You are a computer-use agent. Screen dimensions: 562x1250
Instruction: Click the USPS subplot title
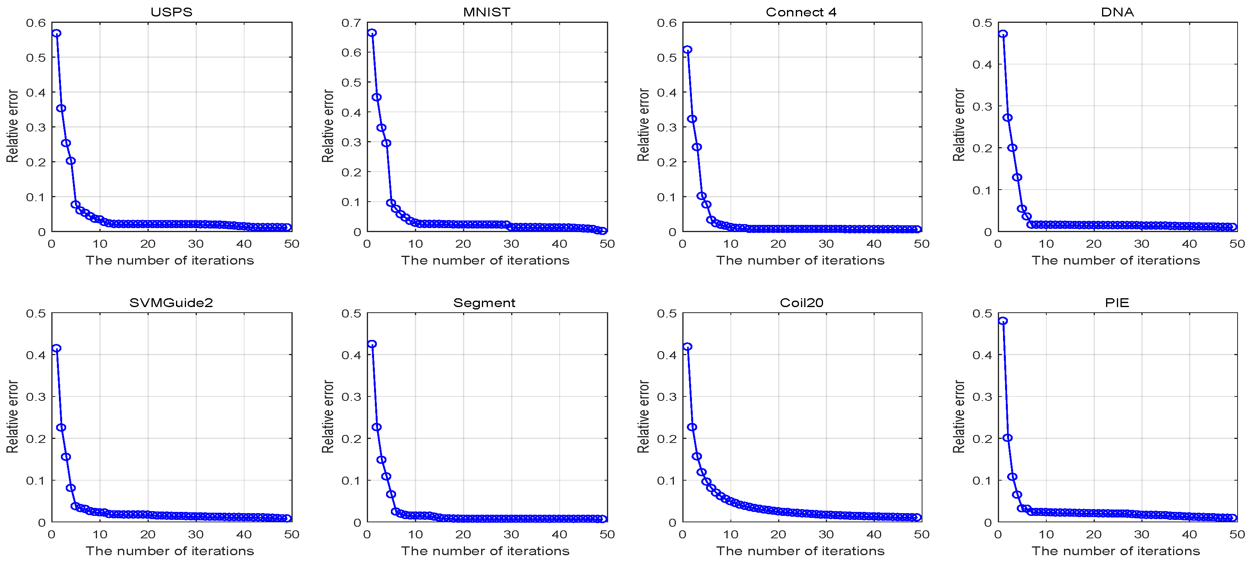[171, 12]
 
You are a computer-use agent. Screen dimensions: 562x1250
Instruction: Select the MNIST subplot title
[487, 12]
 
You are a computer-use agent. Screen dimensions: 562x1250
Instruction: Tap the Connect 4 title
[801, 12]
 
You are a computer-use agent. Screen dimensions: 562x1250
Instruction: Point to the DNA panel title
[1117, 12]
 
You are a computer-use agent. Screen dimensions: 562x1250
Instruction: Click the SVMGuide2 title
[171, 303]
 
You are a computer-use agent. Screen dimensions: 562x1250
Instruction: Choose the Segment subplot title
[484, 303]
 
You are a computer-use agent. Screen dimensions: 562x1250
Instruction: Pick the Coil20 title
[801, 303]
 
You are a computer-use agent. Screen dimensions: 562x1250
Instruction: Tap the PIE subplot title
[1117, 303]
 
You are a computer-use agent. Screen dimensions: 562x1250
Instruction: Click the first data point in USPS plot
[56, 33]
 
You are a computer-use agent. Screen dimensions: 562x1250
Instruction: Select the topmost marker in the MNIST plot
[372, 32]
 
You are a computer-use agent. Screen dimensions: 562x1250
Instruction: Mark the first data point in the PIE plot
[1003, 321]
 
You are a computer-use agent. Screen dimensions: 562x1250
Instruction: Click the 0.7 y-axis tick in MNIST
[351, 23]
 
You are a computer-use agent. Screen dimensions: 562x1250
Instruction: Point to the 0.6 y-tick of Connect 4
[667, 23]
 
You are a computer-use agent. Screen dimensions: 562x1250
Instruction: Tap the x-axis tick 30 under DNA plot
[1141, 244]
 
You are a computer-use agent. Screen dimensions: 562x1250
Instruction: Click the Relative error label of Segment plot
[328, 416]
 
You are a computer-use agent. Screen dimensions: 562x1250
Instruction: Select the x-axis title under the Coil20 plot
[800, 551]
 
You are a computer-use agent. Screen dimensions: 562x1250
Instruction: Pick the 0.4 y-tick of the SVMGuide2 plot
[36, 355]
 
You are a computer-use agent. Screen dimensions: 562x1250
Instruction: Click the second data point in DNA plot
[1007, 117]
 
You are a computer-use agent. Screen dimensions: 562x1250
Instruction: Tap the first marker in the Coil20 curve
[687, 346]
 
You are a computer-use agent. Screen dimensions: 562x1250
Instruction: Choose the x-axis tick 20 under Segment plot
[463, 534]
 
